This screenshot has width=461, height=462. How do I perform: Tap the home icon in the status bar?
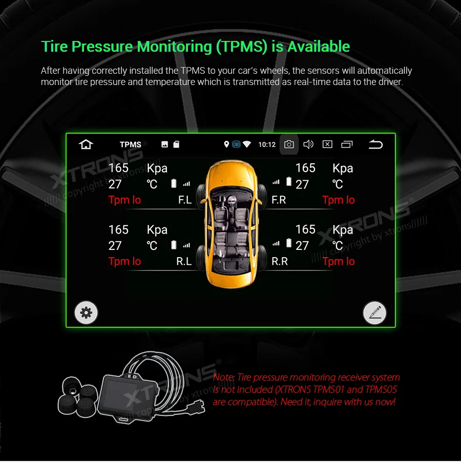86,144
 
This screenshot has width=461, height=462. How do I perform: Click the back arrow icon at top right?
375,144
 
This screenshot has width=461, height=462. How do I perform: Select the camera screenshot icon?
289,144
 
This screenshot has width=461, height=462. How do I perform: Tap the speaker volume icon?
308,144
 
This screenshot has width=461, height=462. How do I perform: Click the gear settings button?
86,312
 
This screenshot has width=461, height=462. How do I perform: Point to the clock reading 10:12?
267,145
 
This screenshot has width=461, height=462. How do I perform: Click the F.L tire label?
185,200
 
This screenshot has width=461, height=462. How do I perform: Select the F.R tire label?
279,200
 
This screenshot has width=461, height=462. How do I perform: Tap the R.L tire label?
184,262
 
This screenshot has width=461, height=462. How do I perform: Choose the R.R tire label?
280,262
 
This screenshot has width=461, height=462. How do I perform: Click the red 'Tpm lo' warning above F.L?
124,200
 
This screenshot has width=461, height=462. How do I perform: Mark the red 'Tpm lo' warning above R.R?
339,262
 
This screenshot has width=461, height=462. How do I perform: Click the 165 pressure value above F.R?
305,168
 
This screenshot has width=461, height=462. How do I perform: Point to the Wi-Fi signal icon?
247,144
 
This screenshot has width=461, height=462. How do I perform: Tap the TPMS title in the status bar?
130,145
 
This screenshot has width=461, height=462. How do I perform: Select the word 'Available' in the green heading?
319,47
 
